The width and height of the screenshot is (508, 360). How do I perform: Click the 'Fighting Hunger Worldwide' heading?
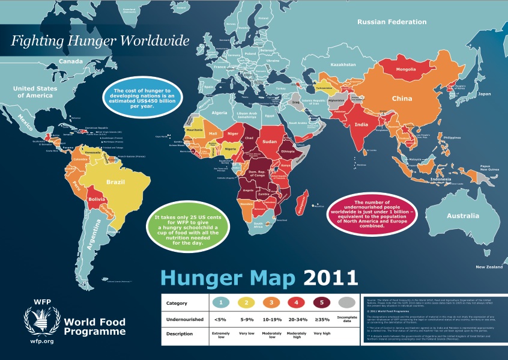(100, 41)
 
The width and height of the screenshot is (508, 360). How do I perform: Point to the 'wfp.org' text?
(41, 341)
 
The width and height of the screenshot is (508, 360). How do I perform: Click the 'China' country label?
(402, 99)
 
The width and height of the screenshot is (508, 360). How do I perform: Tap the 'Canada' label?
(70, 61)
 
